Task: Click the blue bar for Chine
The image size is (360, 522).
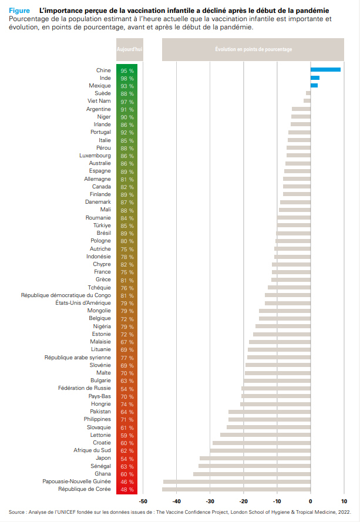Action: pos(325,70)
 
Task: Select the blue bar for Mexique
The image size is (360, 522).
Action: pos(314,86)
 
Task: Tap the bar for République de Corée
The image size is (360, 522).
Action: pos(237,489)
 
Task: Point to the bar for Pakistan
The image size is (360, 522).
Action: pos(270,412)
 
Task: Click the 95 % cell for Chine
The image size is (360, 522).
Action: pos(127,70)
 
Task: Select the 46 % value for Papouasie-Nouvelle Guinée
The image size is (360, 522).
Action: pos(127,481)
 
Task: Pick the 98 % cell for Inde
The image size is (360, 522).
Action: pos(127,78)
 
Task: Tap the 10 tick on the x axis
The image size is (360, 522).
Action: pos(344,501)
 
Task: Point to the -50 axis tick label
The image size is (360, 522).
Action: pos(143,501)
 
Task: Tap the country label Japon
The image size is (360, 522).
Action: pos(103,458)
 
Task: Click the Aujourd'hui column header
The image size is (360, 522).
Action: pos(129,49)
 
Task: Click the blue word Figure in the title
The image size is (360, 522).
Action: pos(19,11)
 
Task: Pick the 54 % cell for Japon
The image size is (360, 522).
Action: pos(127,458)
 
